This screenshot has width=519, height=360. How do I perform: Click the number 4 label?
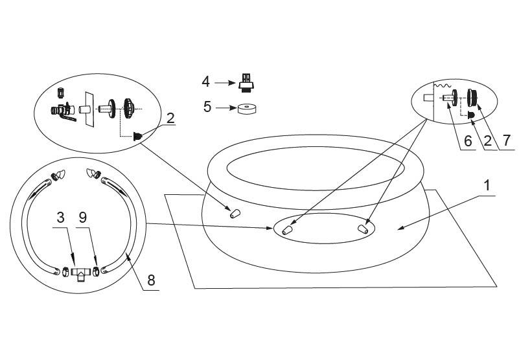point(206,82)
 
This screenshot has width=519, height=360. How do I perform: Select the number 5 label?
point(207,107)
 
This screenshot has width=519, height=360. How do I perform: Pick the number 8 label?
point(151,280)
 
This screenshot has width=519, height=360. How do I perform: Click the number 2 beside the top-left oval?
point(170,118)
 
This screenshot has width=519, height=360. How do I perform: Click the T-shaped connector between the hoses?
point(80,273)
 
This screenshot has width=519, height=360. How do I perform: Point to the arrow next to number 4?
point(225,82)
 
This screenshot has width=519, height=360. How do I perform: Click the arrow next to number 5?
point(225,107)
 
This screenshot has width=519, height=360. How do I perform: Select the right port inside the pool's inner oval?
point(365,228)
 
